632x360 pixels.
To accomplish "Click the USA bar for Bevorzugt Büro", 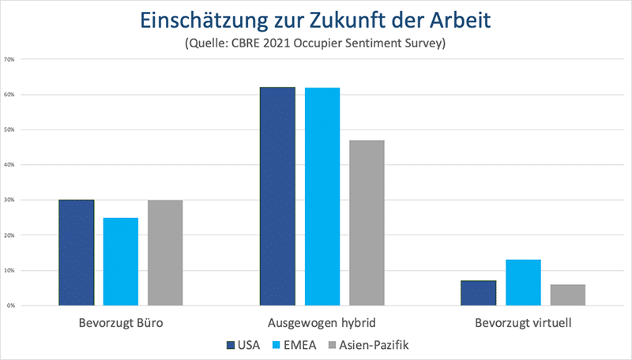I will pos(77,253).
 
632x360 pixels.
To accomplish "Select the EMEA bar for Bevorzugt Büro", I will pos(121,261).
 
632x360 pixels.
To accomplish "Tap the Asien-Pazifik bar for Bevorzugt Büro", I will pos(165,253).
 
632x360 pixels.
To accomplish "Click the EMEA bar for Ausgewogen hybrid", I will pos(322,197).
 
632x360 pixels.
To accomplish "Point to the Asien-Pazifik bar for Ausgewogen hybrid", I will pos(367,223).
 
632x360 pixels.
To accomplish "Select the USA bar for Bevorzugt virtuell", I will pos(479,293).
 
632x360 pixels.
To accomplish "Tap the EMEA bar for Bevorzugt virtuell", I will pos(523,283).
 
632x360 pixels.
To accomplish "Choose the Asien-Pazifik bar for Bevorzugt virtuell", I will pos(567,294).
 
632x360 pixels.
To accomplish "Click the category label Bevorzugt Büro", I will pos(121,324).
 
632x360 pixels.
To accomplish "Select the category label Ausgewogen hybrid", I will pos(322,324).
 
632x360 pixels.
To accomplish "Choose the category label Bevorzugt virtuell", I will pos(523,324).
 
